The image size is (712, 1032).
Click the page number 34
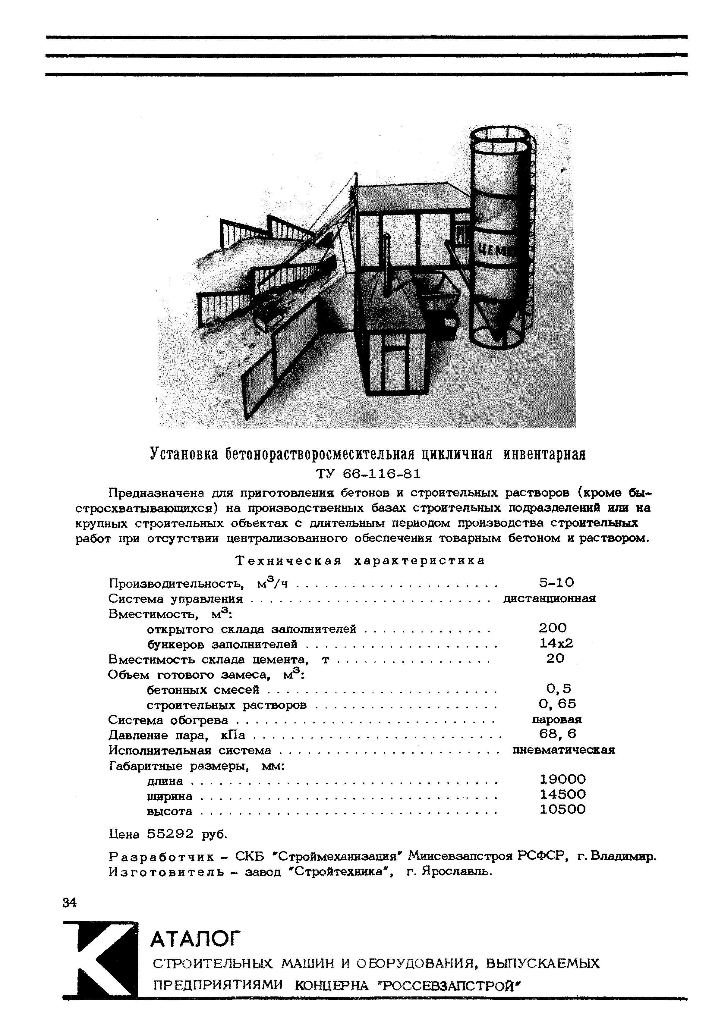[70, 902]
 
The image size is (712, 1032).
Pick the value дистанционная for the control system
[550, 598]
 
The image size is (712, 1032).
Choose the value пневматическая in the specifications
[563, 750]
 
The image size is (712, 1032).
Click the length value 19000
[562, 779]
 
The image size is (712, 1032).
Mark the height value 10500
[562, 809]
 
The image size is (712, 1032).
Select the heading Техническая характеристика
[360, 561]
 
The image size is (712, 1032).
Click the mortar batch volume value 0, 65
[557, 704]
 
